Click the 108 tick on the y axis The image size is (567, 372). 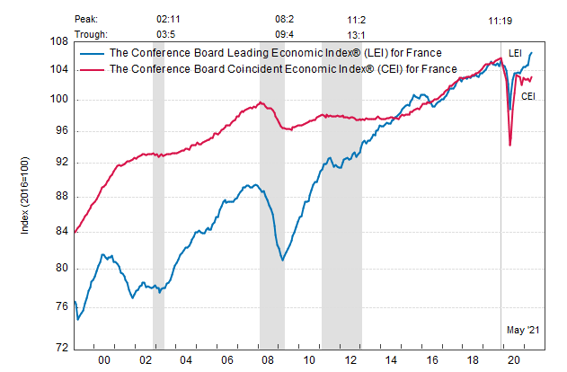(x=59, y=41)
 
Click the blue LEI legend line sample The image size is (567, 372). (x=93, y=53)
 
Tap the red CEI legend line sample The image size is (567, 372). (x=93, y=68)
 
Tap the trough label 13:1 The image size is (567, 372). (x=356, y=33)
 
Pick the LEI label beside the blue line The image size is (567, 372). (x=516, y=54)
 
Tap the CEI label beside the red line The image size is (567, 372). (x=528, y=95)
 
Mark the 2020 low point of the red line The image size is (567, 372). (x=509, y=145)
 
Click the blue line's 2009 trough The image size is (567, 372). (x=282, y=261)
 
